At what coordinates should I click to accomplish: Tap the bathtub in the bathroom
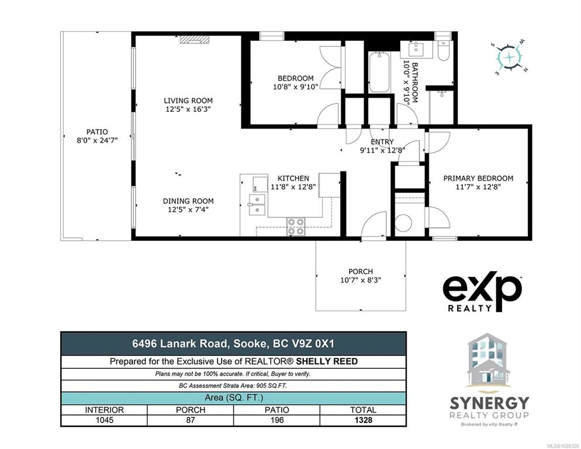(379, 72)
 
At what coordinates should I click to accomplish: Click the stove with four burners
(296, 226)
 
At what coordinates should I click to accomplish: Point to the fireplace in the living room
(195, 39)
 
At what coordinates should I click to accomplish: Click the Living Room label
(188, 101)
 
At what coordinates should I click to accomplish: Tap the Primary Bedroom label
(478, 178)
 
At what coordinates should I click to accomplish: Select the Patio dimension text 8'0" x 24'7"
(97, 140)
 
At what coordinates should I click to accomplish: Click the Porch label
(361, 271)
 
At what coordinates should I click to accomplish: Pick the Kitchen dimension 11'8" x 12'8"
(293, 187)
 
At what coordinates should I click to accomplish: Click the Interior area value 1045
(105, 420)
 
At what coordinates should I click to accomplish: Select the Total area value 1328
(363, 420)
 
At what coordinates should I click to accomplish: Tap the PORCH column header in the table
(191, 410)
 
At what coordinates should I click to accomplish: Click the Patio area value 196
(277, 420)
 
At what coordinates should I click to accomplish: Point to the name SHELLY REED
(327, 361)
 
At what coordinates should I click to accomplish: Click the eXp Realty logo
(483, 292)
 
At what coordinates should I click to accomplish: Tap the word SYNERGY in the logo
(489, 403)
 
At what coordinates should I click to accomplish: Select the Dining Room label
(188, 201)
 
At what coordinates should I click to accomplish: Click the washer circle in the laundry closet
(403, 223)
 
